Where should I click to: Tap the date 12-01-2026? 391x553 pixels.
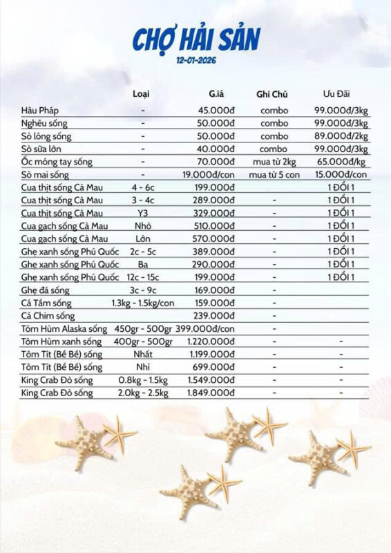[x=195, y=60]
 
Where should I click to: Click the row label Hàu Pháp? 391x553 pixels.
[x=39, y=110]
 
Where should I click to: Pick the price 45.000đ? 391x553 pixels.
[x=217, y=110]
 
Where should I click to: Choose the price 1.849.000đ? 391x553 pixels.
[x=211, y=393]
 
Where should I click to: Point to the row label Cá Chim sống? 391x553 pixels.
[x=50, y=315]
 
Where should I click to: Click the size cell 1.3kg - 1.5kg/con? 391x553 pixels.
[x=142, y=302]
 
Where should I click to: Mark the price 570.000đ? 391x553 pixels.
[x=214, y=238]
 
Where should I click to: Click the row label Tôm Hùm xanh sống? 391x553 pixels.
[x=63, y=341]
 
